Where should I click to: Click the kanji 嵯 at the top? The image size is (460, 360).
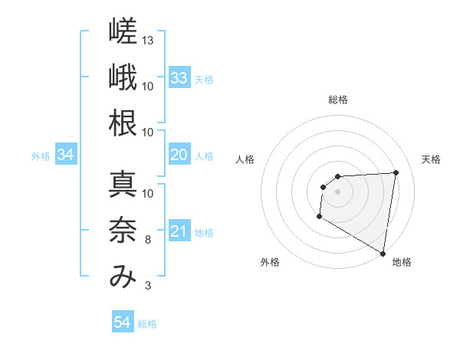point(123,31)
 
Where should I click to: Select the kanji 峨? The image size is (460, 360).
point(123,77)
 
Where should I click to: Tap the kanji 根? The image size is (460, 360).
point(123,123)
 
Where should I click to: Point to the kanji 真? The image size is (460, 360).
point(123,184)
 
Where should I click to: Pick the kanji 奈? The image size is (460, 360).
point(123,230)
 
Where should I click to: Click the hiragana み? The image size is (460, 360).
point(123,277)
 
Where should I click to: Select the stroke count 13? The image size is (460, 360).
point(147,41)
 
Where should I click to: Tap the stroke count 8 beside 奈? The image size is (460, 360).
point(148,240)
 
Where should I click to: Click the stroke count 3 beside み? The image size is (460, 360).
point(148,286)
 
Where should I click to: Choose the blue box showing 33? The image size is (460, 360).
point(180,77)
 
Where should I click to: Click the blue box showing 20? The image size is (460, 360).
point(180,154)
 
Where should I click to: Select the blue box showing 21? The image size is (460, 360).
point(180,230)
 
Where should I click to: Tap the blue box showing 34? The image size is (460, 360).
point(66,154)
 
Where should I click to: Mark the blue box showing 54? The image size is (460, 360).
point(123,321)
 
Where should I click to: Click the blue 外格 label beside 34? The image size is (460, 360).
point(41,156)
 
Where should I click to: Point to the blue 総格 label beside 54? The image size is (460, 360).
point(147,324)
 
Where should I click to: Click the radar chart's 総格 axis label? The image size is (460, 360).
point(338,100)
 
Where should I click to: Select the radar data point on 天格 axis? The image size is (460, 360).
point(396,172)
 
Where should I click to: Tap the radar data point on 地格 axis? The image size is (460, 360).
point(383,254)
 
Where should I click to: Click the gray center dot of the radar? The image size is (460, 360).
point(337,191)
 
